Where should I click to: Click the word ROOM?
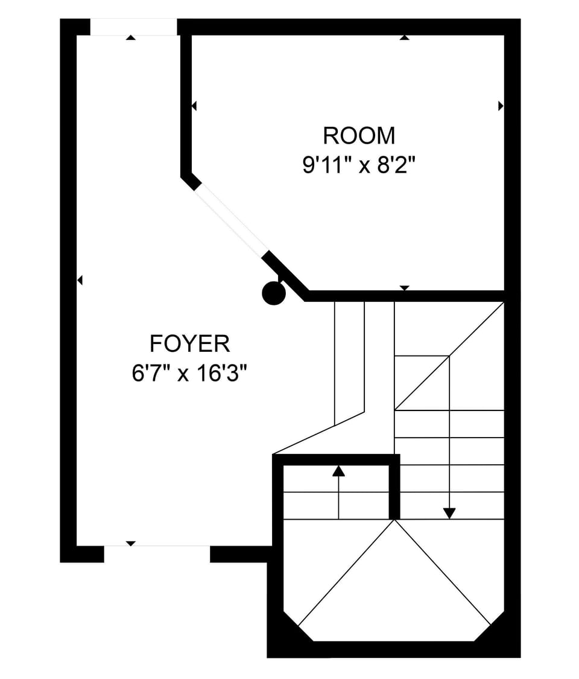pos(359,136)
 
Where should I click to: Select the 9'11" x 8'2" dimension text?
pos(359,165)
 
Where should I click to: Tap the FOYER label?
pos(189,343)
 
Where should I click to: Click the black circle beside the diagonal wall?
pos(274,293)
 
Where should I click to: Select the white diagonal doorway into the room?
pos(232,217)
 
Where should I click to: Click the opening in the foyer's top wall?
pos(133,27)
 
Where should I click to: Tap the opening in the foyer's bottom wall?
pos(157,553)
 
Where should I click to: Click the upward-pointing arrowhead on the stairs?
pos(338,471)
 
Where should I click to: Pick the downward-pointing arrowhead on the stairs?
pos(449,513)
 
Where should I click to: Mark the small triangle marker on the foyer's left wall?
pos(80,281)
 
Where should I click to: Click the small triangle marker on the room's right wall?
pos(501,106)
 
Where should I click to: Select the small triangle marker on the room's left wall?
pos(194,106)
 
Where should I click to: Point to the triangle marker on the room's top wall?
pos(404,37)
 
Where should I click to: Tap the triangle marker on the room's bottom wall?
pos(404,288)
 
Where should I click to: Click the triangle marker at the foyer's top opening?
pos(131,37)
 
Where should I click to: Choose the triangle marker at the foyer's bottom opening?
pos(131,544)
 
